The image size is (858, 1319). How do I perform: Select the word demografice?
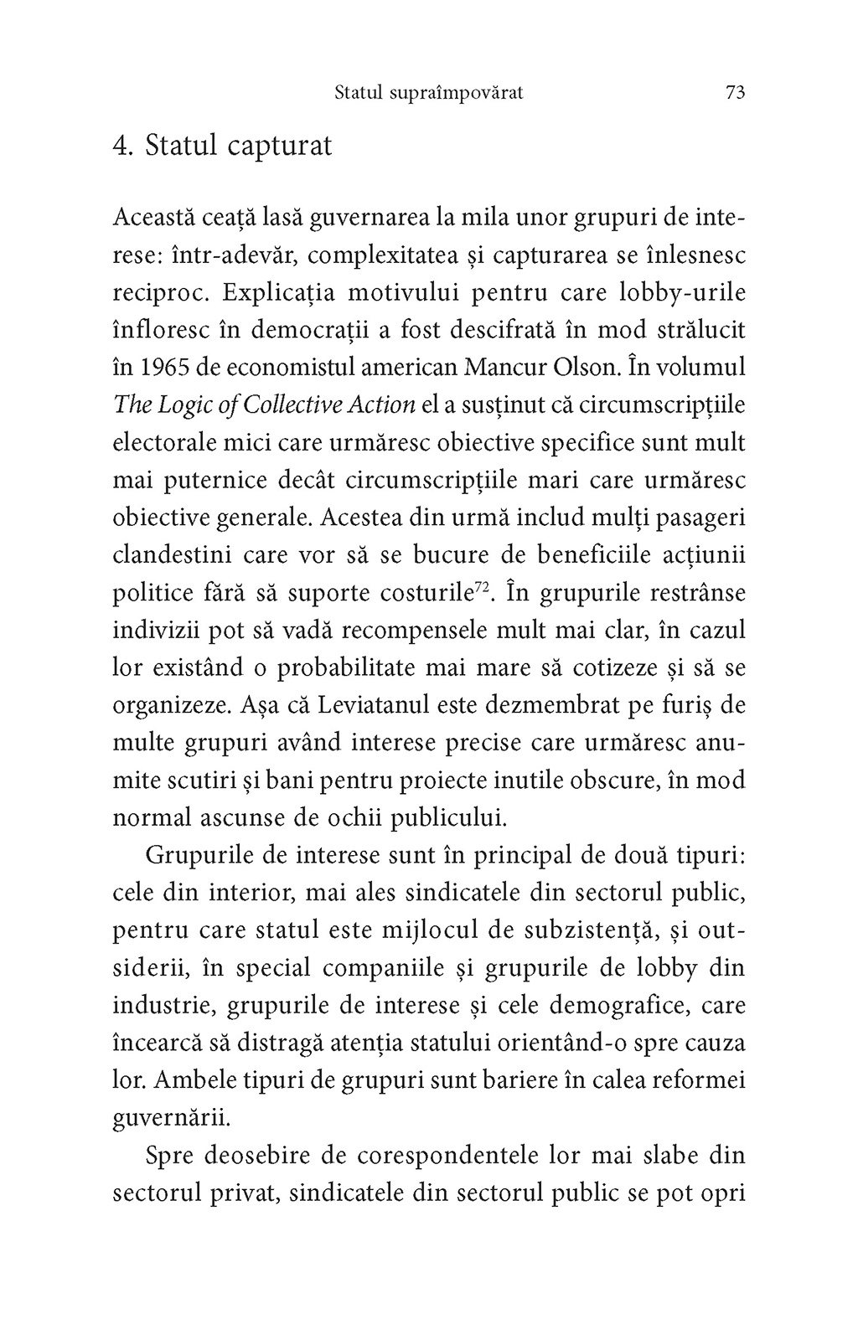[x=621, y=1006]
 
